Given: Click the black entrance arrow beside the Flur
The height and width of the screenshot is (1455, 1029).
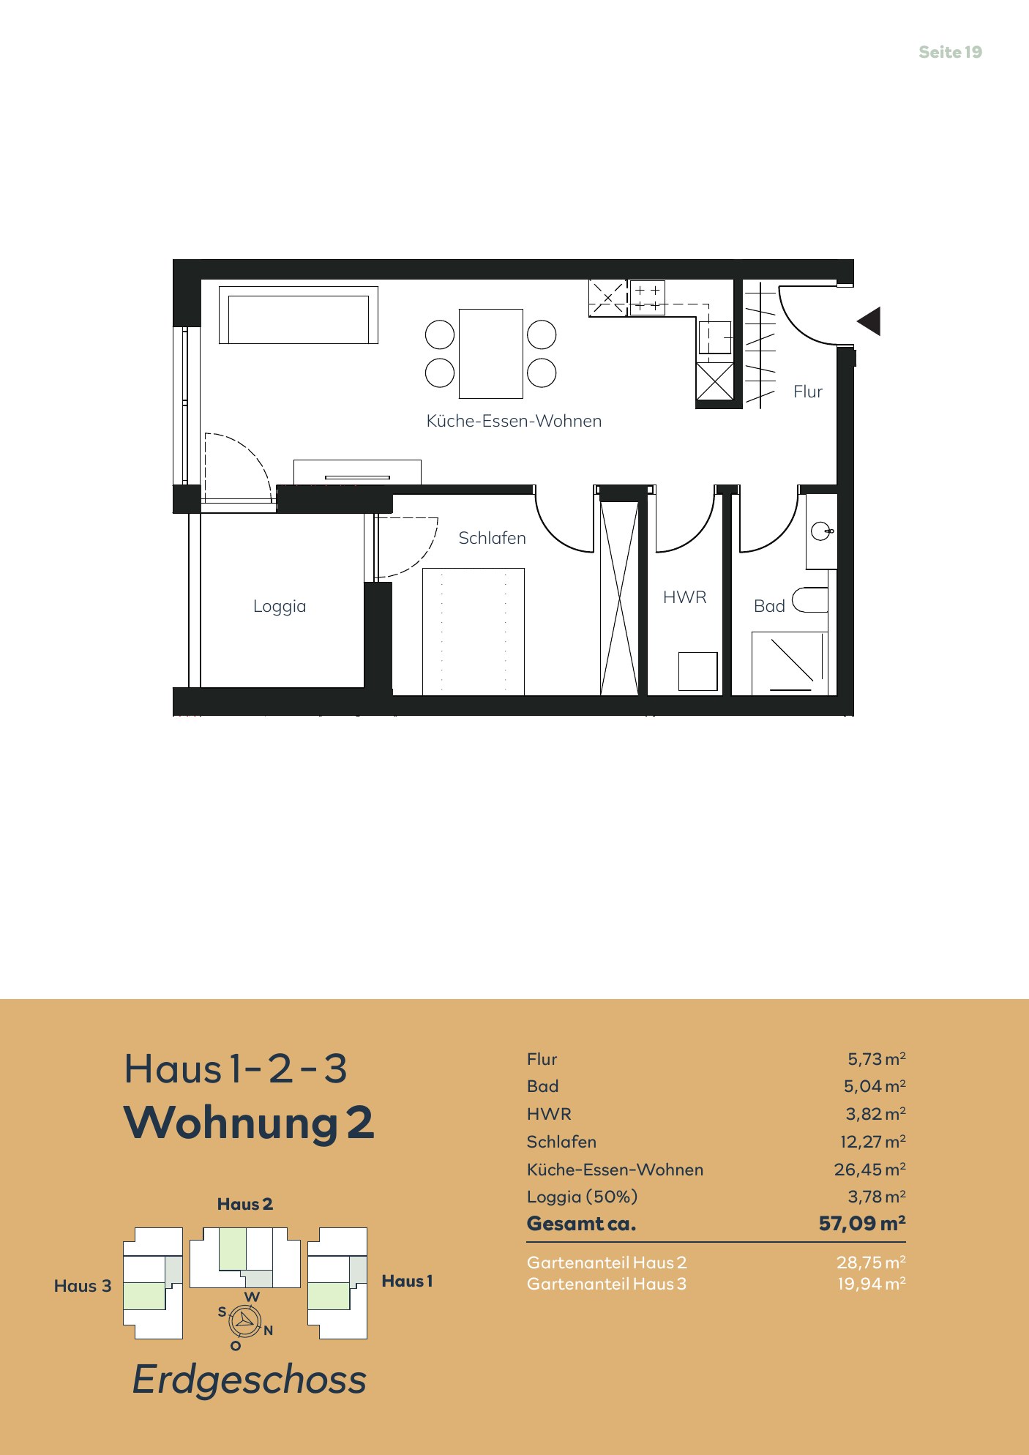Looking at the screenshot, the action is pyautogui.click(x=871, y=321).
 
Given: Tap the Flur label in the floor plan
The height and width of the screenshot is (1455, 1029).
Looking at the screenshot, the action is pyautogui.click(x=808, y=392).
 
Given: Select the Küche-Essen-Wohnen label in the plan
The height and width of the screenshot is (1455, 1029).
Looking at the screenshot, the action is pyautogui.click(x=514, y=421).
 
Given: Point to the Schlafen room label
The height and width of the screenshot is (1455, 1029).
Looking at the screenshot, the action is pyautogui.click(x=492, y=538).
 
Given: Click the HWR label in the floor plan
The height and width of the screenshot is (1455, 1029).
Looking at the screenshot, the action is pyautogui.click(x=685, y=597).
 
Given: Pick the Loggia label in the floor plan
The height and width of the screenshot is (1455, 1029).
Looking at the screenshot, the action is pyautogui.click(x=280, y=606).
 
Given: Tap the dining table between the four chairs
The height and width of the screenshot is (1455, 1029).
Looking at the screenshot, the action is pyautogui.click(x=491, y=354).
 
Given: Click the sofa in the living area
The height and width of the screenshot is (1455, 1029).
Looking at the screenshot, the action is pyautogui.click(x=299, y=315).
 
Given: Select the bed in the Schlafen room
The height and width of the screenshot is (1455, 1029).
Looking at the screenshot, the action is pyautogui.click(x=474, y=631).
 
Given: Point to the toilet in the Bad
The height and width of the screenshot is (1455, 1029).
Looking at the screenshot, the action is pyautogui.click(x=810, y=599).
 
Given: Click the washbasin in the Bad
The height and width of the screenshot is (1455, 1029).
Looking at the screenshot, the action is pyautogui.click(x=821, y=531).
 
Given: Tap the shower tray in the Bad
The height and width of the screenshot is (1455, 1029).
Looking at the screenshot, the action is pyautogui.click(x=790, y=663).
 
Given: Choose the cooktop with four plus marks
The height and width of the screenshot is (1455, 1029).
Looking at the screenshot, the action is pyautogui.click(x=647, y=297).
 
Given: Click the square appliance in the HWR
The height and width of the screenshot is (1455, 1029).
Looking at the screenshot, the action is pyautogui.click(x=697, y=671).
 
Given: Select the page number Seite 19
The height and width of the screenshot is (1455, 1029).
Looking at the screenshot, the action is pyautogui.click(x=950, y=52).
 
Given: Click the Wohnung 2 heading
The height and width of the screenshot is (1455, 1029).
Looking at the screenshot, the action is pyautogui.click(x=249, y=1123).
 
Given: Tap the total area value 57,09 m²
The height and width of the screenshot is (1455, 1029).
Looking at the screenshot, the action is pyautogui.click(x=862, y=1223).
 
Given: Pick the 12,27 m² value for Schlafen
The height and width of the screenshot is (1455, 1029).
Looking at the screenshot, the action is pyautogui.click(x=872, y=1141).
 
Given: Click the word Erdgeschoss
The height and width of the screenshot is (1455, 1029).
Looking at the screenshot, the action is pyautogui.click(x=249, y=1380).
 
